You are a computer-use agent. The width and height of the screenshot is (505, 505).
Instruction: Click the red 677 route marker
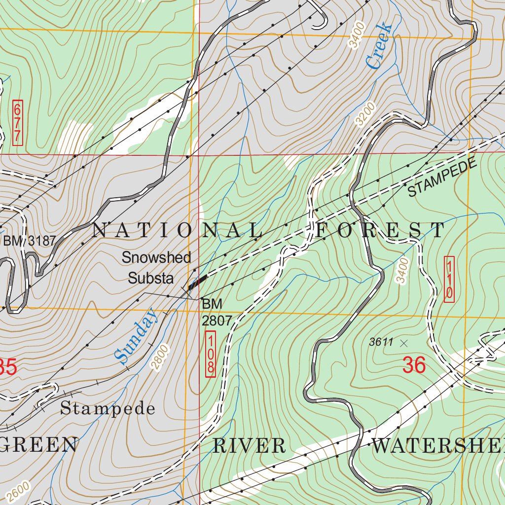[x=18, y=123]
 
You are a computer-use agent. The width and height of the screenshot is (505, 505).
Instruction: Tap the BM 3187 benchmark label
[x=29, y=241]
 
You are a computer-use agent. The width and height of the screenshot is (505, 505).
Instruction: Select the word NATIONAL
[x=177, y=230]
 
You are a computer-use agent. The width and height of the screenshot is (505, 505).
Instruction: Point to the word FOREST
[x=380, y=230]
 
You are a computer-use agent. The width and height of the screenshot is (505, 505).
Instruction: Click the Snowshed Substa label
[x=156, y=268]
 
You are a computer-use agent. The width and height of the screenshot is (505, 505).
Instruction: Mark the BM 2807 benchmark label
[x=216, y=312]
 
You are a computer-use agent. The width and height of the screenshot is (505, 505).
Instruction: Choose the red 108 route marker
[x=211, y=354]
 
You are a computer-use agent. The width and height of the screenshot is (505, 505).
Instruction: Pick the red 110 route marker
[x=449, y=279]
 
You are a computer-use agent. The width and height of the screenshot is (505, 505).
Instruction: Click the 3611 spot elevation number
[x=381, y=342]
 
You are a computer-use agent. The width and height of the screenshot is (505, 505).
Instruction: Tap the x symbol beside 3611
[x=404, y=342]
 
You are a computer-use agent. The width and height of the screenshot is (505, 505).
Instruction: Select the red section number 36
[x=414, y=365]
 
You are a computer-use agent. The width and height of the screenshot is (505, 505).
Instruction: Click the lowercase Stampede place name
[x=108, y=408]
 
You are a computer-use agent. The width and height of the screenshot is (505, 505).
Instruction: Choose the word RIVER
[x=249, y=445]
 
